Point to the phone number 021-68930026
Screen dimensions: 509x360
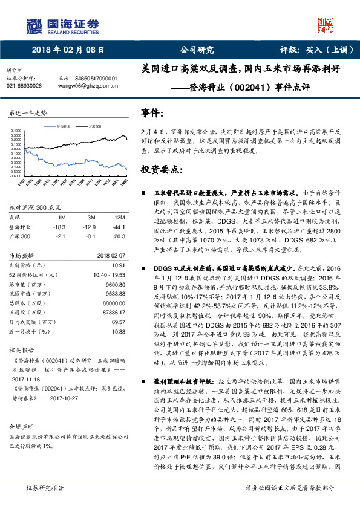tap(24, 86)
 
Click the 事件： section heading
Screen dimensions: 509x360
tap(152, 113)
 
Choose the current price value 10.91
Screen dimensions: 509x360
tap(119, 265)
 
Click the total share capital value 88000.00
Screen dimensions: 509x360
tap(113, 303)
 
